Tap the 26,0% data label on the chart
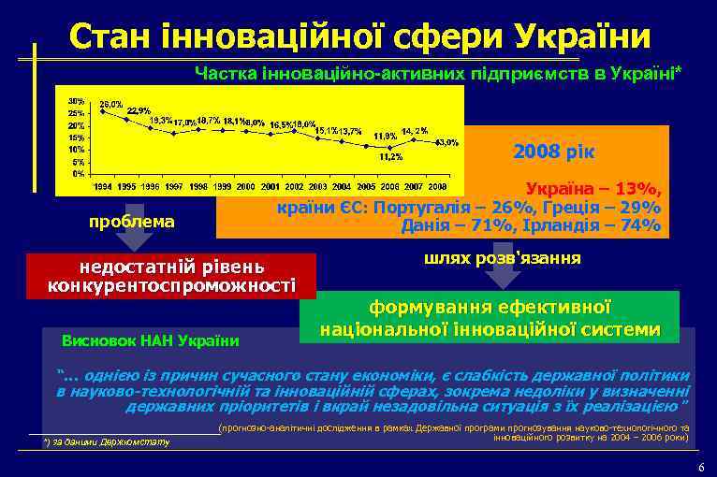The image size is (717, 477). click(111, 104)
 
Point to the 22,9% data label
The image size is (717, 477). click(139, 110)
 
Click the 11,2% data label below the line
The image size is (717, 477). click(390, 157)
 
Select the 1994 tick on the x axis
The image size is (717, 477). click(104, 187)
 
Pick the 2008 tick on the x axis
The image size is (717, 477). click(435, 187)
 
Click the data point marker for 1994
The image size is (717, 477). click(103, 111)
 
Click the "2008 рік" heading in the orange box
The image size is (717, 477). click(559, 152)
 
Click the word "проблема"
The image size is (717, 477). click(130, 222)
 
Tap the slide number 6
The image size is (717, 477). click(701, 466)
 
